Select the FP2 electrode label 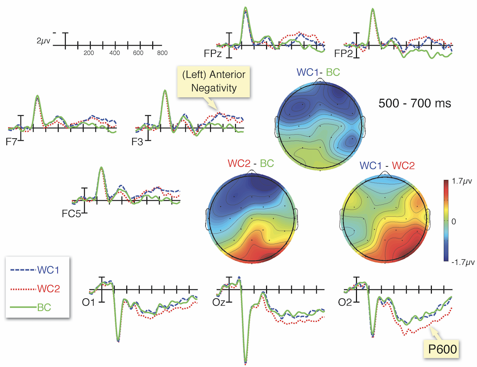pos(342,54)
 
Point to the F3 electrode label pos(137,142)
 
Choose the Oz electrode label pos(219,302)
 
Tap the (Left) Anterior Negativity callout pos(213,81)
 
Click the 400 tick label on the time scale pos(114,54)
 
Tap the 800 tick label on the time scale pos(162,54)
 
